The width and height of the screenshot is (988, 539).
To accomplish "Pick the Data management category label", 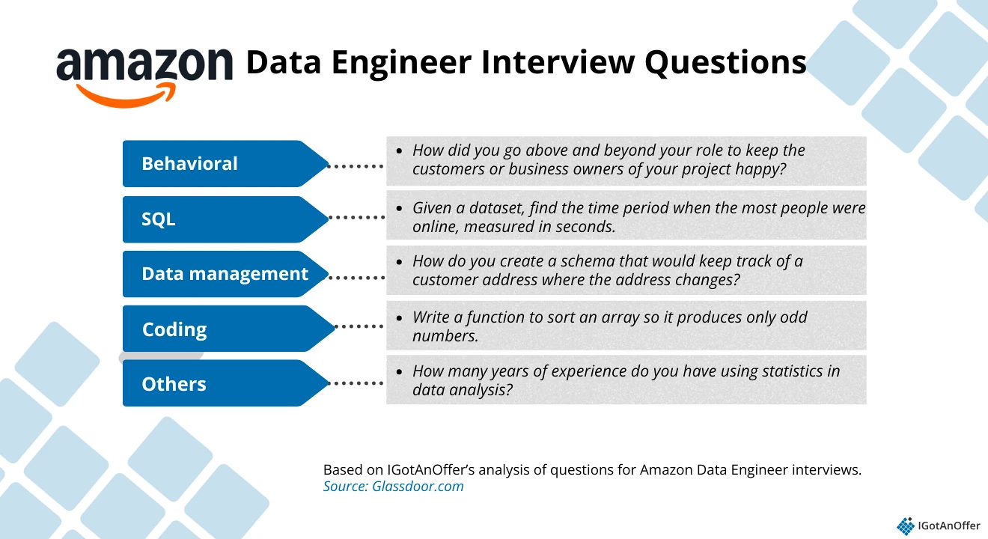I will pyautogui.click(x=225, y=274).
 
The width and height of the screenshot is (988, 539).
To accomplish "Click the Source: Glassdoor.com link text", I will pyautogui.click(x=393, y=487).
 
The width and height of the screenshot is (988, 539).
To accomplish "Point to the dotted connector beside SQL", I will pyautogui.click(x=357, y=218).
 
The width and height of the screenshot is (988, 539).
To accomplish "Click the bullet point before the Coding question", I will pyautogui.click(x=400, y=317).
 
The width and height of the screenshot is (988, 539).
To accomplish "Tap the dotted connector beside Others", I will pyautogui.click(x=357, y=383).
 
